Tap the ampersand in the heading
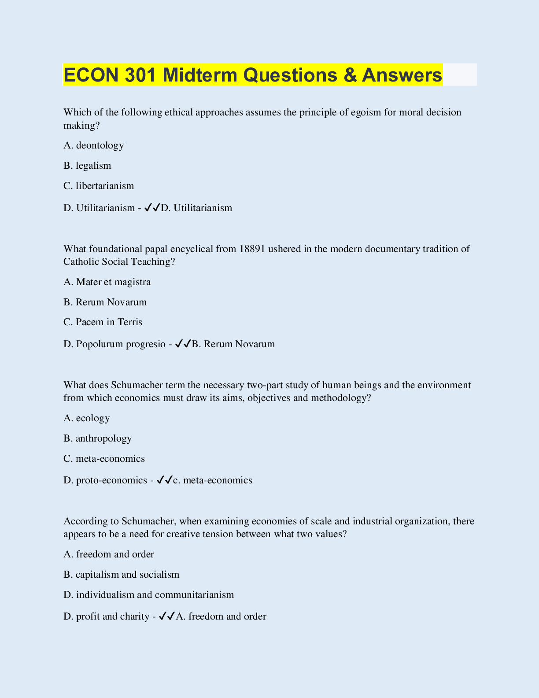pos(350,75)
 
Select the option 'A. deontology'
pos(94,145)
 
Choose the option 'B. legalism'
pos(87,166)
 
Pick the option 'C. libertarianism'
pos(99,186)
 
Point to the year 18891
pos(252,249)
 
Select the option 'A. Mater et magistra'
pos(107,282)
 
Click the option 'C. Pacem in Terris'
pos(103,322)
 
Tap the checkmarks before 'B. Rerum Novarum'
pos(183,344)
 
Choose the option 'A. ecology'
pos(87,418)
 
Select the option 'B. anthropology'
pos(98,438)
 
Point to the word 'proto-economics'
pos(111,480)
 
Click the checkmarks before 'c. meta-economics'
pos(164,480)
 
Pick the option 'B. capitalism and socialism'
pos(122,575)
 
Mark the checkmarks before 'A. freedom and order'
pos(167,616)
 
